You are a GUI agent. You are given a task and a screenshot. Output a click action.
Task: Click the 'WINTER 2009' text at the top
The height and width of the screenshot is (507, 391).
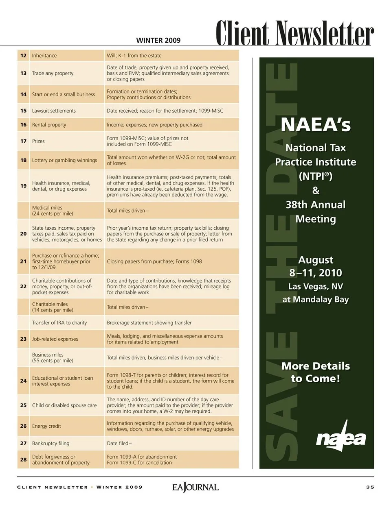click(158, 40)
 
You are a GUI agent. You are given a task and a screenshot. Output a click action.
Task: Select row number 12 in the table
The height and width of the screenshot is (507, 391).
click(23, 56)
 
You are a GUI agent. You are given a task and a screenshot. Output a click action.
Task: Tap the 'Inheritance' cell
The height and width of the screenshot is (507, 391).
click(44, 56)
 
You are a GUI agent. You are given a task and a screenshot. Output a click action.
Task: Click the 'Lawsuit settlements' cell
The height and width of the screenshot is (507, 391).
click(54, 111)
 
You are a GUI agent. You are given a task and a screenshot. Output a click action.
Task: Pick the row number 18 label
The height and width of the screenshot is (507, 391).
click(23, 160)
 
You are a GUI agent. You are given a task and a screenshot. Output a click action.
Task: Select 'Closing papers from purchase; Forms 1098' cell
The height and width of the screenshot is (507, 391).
click(154, 261)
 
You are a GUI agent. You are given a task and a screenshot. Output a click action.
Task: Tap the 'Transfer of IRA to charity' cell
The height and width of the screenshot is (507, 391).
click(59, 323)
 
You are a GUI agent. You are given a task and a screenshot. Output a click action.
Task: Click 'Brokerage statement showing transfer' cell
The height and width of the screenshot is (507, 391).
click(149, 323)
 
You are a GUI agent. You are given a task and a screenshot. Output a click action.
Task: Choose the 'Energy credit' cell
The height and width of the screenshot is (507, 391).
click(46, 426)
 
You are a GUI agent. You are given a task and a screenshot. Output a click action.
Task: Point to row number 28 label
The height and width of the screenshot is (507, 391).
click(23, 459)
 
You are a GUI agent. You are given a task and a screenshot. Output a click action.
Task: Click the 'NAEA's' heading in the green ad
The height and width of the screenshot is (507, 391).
click(316, 124)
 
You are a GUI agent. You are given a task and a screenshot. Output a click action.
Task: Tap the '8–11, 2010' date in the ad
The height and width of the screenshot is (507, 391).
click(316, 273)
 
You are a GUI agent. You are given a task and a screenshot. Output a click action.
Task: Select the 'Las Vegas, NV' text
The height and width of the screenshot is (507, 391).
click(316, 286)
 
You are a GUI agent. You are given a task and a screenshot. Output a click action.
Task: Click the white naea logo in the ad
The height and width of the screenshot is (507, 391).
click(341, 438)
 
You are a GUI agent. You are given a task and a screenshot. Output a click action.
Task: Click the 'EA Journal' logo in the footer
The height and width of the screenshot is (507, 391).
click(195, 487)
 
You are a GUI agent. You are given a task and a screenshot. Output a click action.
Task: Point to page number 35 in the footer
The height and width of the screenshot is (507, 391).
click(370, 487)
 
